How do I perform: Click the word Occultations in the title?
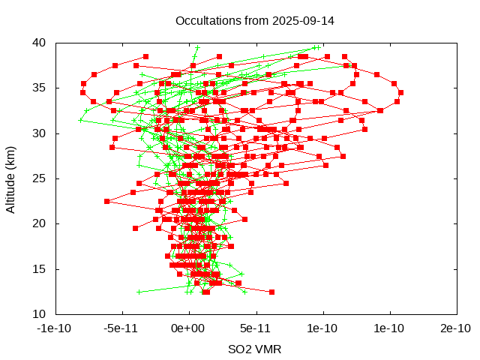[206, 20]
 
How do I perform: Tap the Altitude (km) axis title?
[10, 178]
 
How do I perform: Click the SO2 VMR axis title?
[255, 349]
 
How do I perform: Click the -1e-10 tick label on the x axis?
[55, 328]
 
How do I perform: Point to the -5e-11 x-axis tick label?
[121, 328]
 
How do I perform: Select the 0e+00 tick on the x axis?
[188, 328]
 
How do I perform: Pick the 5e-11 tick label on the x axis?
[256, 328]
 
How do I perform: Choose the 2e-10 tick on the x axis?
[457, 328]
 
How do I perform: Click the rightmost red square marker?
[400, 92]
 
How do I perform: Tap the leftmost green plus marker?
[80, 120]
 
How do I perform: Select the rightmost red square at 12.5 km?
[271, 292]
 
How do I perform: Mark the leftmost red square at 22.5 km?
[106, 201]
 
